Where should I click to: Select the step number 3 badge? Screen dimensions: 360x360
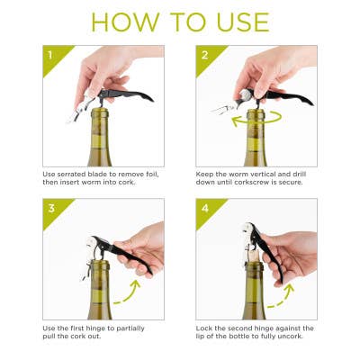(x=52, y=214)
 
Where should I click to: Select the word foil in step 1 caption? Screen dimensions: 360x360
(x=152, y=172)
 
